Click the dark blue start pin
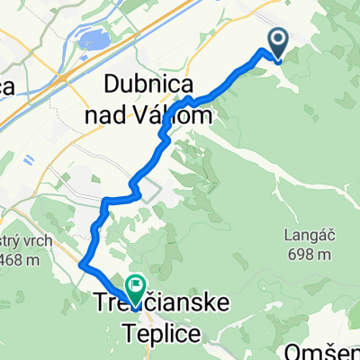(x=276, y=41)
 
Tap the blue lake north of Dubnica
(x=90, y=40)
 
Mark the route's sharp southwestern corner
(x=83, y=265)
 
